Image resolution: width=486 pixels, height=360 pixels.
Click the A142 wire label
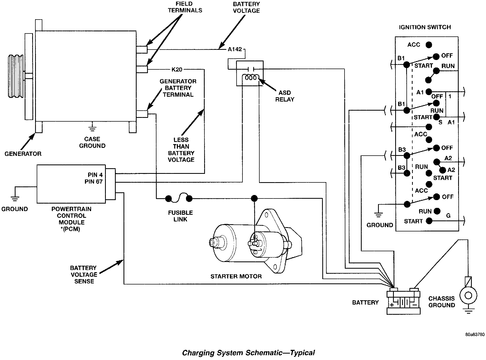235,49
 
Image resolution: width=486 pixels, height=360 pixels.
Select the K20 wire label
177,70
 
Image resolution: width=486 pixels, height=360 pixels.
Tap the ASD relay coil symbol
251,78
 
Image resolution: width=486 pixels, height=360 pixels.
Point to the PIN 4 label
95,175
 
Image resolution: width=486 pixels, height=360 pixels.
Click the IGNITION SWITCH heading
425,27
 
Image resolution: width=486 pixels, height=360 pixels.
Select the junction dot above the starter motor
254,198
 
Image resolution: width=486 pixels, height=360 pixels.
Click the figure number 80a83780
475,342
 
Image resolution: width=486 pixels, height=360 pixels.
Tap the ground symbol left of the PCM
14,198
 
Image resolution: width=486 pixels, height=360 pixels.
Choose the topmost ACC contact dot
429,45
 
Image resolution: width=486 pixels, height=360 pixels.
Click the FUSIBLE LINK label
180,216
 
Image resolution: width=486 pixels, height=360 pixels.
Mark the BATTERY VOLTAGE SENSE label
84,275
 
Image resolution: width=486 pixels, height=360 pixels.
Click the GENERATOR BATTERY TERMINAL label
178,88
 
